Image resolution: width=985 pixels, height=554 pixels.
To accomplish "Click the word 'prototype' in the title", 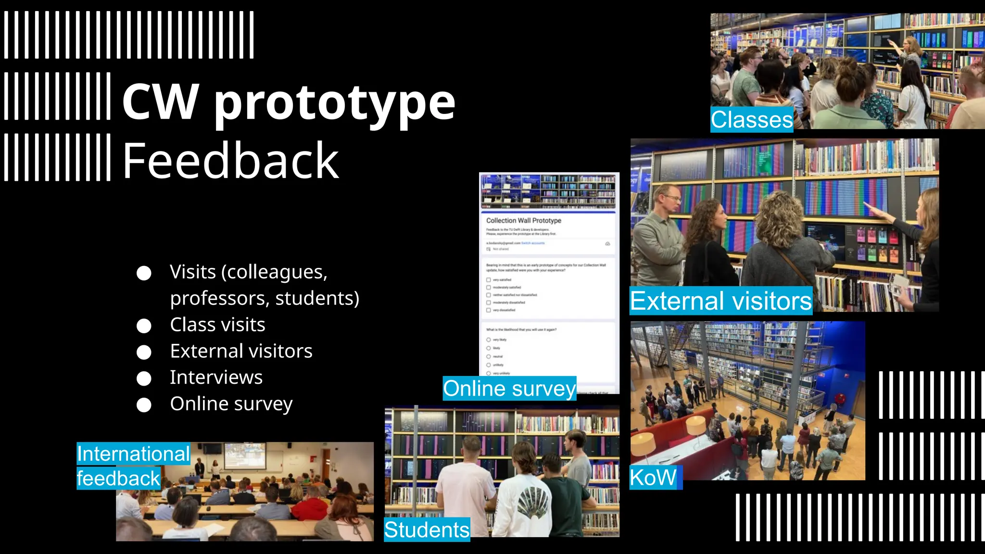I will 335,102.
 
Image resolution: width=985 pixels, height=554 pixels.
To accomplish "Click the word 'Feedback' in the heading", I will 231,161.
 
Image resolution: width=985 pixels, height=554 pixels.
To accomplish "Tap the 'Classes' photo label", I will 751,120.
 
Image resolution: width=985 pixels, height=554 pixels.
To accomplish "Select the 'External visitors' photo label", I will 720,301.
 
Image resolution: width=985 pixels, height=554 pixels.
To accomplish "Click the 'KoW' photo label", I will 653,478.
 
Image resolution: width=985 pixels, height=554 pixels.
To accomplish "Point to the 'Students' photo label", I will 427,529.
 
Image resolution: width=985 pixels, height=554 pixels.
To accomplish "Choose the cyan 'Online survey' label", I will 509,389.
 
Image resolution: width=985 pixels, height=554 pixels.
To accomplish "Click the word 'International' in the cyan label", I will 133,453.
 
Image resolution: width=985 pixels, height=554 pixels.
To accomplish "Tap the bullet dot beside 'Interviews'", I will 144,378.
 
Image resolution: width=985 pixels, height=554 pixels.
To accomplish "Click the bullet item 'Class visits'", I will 217,325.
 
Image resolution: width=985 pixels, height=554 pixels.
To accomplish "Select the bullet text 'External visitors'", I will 241,351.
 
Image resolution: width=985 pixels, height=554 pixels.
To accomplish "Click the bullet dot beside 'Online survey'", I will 144,405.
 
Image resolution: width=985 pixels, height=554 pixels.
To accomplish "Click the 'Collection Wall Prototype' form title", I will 524,220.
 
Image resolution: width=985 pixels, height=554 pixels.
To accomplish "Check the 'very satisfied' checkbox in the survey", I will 489,279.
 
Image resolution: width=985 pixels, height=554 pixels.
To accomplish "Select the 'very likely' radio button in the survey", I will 489,340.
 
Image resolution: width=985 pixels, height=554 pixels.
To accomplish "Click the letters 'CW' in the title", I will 160,102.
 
